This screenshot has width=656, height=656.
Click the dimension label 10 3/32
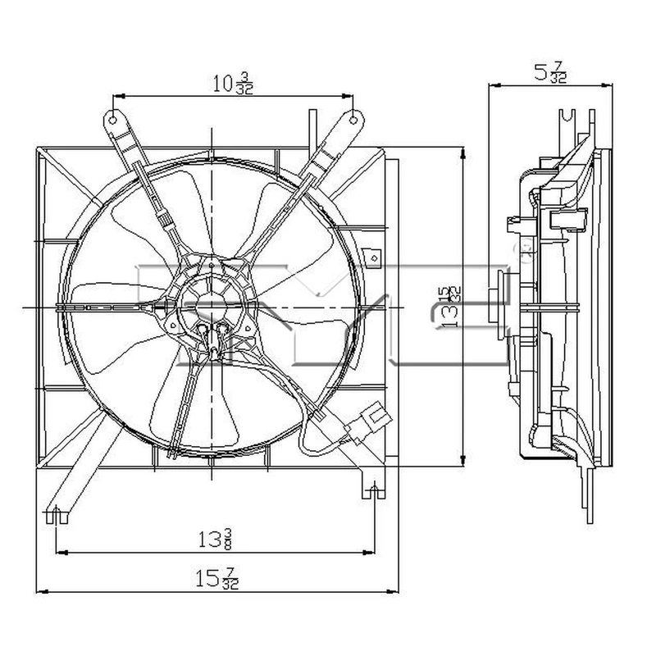[233, 84]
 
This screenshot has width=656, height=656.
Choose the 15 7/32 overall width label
[221, 579]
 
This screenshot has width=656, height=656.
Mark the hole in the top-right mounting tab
[353, 118]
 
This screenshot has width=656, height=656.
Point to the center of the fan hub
[212, 307]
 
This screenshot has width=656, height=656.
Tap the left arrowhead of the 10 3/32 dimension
[115, 96]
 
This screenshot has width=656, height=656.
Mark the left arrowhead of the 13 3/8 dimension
[59, 550]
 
